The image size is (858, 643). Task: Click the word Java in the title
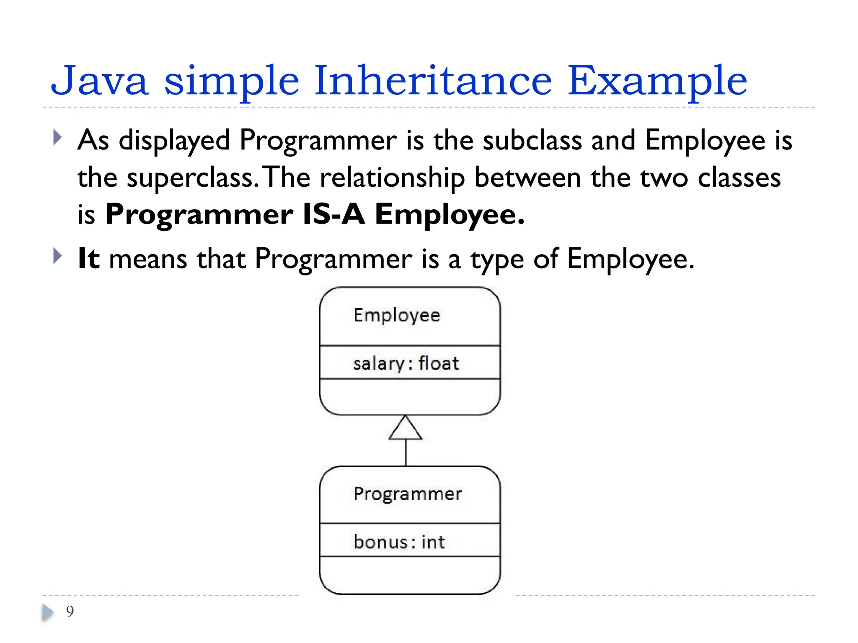pyautogui.click(x=100, y=80)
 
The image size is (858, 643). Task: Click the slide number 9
pyautogui.click(x=70, y=612)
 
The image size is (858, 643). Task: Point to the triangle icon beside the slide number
pyautogui.click(x=48, y=612)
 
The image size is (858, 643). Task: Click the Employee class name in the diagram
pyautogui.click(x=397, y=316)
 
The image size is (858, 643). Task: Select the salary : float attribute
pyautogui.click(x=406, y=363)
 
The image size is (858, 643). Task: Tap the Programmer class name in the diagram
pyautogui.click(x=408, y=494)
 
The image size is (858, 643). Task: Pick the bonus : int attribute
pyautogui.click(x=399, y=542)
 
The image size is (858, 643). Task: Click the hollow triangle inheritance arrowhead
pyautogui.click(x=405, y=429)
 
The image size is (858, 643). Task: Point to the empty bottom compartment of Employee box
pyautogui.click(x=410, y=396)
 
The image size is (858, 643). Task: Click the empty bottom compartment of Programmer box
pyautogui.click(x=410, y=575)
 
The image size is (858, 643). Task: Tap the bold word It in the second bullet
pyautogui.click(x=89, y=258)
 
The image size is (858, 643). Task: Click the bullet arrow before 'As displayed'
pyautogui.click(x=58, y=137)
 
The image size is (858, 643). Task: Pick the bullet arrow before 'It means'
pyautogui.click(x=58, y=256)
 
